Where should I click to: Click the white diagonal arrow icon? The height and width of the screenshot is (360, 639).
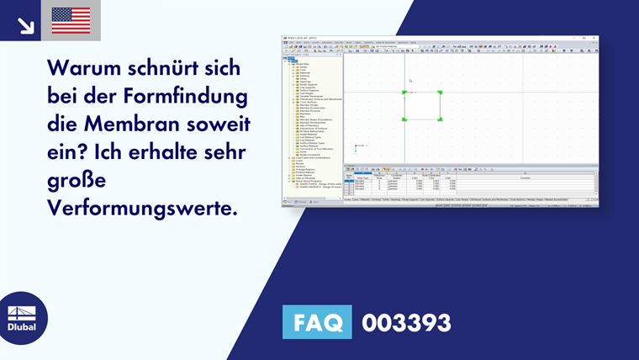[25, 25]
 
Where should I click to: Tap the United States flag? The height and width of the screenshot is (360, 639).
[71, 20]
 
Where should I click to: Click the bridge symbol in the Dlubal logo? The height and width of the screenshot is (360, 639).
[22, 311]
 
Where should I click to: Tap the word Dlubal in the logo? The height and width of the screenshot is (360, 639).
[22, 326]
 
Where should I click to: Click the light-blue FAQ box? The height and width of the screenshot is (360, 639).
[317, 322]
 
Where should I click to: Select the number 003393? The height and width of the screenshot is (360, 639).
[406, 322]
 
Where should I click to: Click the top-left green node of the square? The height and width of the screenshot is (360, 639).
[404, 93]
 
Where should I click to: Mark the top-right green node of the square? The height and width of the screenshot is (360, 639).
[440, 93]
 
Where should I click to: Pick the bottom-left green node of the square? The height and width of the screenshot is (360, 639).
[404, 120]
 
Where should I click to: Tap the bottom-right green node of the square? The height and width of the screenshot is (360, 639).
[440, 120]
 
